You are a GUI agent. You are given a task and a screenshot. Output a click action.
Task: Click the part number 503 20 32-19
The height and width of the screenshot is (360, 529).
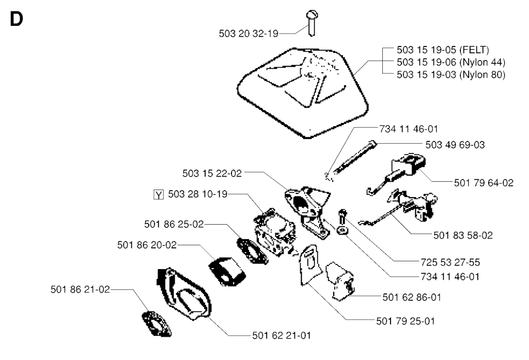pos(248,34)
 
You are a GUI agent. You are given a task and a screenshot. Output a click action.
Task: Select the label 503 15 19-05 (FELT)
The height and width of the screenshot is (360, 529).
pos(443,50)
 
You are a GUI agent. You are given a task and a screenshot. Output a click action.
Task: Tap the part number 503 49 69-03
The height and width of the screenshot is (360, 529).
pos(455,145)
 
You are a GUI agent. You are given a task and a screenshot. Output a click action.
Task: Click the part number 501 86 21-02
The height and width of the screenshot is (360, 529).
pos(80,289)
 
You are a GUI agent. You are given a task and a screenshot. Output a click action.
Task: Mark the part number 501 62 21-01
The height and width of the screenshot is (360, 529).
pos(282,335)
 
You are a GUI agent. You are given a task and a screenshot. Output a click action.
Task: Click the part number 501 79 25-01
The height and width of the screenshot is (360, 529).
pos(406,321)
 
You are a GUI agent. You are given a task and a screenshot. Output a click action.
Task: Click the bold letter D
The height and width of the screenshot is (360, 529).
pos(16,20)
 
